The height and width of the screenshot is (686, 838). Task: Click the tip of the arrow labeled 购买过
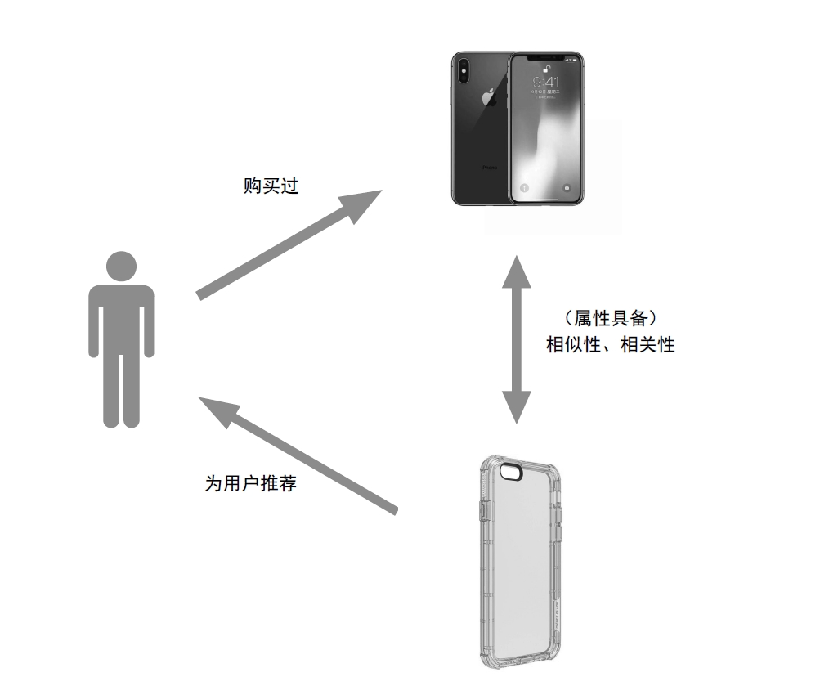pyautogui.click(x=383, y=190)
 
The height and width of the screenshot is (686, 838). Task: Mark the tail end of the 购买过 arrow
pyautogui.click(x=199, y=296)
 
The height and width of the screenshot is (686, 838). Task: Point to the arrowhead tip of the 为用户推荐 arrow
pyautogui.click(x=199, y=397)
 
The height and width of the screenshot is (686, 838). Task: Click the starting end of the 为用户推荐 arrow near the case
pyautogui.click(x=397, y=511)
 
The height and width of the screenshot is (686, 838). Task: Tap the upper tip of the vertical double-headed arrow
pyautogui.click(x=517, y=256)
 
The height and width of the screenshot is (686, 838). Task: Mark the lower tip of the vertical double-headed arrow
pyautogui.click(x=517, y=424)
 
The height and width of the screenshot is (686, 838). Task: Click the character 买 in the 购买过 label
pyautogui.click(x=271, y=186)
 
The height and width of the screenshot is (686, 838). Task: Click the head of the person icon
pyautogui.click(x=121, y=266)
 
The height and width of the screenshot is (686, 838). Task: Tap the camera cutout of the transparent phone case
pyautogui.click(x=512, y=472)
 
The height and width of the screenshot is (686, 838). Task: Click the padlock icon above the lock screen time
pyautogui.click(x=546, y=69)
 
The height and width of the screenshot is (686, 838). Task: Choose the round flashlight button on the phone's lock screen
pyautogui.click(x=524, y=188)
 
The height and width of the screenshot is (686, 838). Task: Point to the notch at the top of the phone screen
pyautogui.click(x=546, y=56)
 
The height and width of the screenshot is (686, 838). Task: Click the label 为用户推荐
pyautogui.click(x=251, y=483)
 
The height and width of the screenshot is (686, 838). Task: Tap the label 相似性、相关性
pyautogui.click(x=611, y=344)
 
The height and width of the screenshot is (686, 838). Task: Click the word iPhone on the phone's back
pyautogui.click(x=489, y=168)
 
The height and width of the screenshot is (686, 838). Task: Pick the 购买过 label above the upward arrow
pyautogui.click(x=271, y=186)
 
